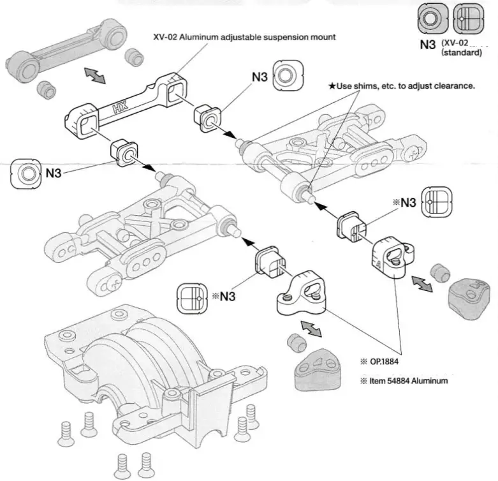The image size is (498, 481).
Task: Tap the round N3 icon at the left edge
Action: coord(27,173)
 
